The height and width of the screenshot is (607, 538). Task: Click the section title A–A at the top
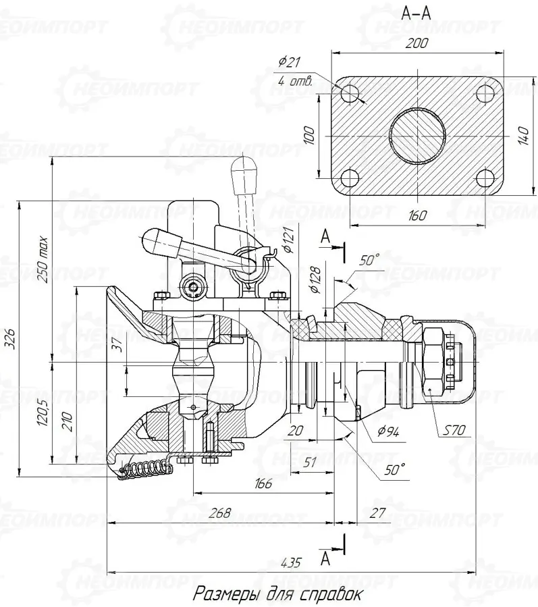416,13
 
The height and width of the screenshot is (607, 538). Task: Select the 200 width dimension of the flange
417,43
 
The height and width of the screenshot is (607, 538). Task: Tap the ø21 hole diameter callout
289,61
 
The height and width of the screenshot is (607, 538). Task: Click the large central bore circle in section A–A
417,136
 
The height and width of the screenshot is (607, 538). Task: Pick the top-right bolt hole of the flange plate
485,93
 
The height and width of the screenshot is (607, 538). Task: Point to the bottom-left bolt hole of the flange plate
350,179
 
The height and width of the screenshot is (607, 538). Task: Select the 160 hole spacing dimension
417,215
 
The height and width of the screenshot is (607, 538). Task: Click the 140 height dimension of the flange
523,135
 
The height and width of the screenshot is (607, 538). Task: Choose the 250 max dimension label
42,259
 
